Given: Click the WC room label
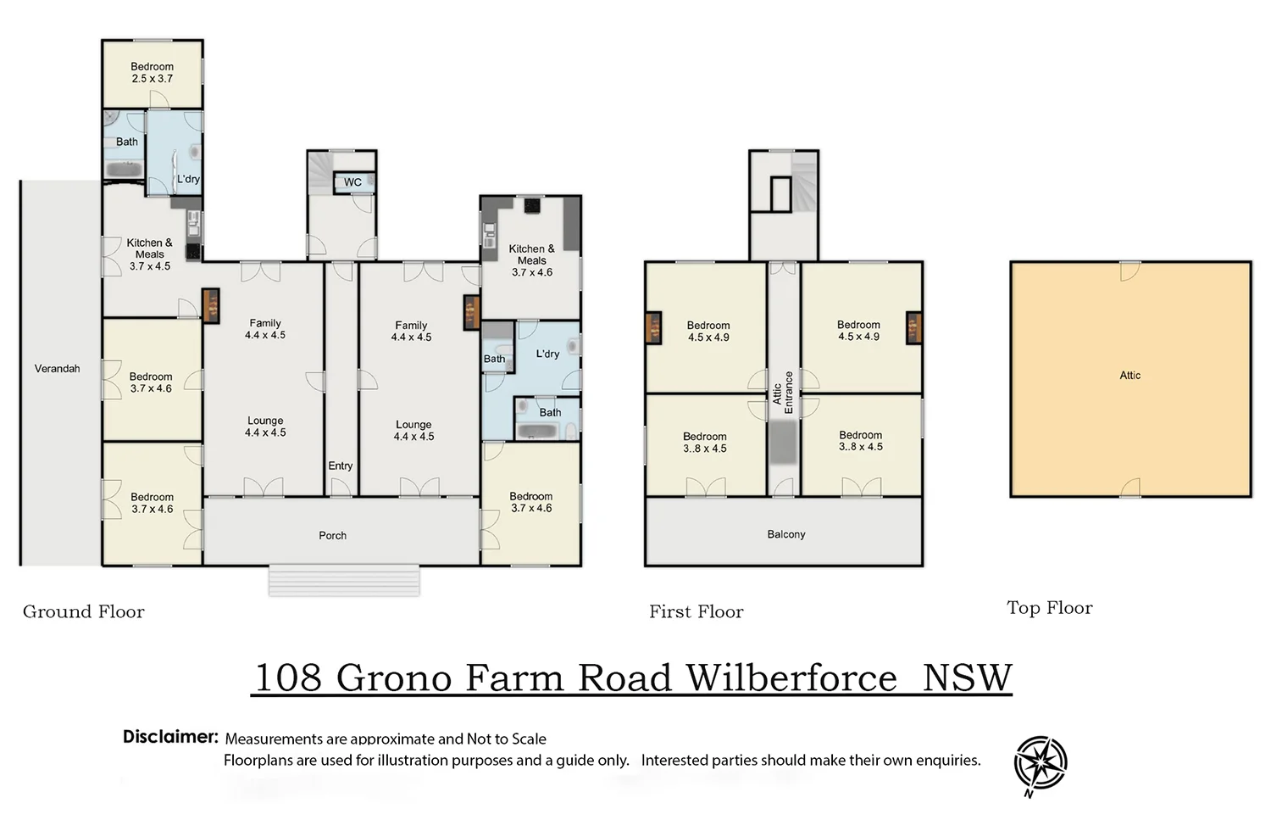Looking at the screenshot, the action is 352,182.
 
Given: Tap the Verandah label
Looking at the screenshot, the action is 58,369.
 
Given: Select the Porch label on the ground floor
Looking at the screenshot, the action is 332,536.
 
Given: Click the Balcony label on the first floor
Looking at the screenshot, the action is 785,534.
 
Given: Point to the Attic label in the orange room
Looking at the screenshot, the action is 1129,376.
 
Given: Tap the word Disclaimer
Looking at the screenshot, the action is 170,737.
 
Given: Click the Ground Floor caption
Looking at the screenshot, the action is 83,611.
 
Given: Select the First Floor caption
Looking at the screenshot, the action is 697,611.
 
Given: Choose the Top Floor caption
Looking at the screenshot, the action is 1050,608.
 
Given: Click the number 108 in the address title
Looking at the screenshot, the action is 288,678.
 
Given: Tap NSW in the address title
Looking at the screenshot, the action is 967,678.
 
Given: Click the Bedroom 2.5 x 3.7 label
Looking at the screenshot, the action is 152,73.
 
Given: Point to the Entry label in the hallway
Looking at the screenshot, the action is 341,466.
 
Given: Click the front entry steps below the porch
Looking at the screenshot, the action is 344,581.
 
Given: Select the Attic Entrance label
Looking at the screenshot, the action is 782,393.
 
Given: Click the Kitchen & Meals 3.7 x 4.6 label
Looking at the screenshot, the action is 531,260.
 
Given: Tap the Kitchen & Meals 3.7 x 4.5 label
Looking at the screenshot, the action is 150,254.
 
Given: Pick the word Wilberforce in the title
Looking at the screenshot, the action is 791,678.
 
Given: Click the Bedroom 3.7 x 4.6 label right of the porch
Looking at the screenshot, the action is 531,502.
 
